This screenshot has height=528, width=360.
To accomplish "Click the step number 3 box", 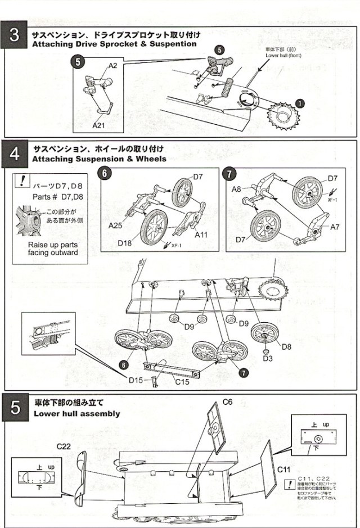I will click(15, 35).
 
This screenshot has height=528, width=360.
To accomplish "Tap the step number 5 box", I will click(15, 407).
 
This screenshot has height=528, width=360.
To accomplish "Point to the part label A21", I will click(100, 124).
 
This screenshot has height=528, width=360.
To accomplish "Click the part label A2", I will click(112, 66).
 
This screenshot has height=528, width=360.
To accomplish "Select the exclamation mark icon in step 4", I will click(22, 180).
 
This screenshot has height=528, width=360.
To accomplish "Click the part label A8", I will click(236, 189).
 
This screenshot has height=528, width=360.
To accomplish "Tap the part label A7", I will click(335, 227).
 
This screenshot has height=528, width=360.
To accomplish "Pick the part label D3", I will click(268, 358).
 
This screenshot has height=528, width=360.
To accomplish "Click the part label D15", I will click(136, 381).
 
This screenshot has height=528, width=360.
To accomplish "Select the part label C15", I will click(181, 382).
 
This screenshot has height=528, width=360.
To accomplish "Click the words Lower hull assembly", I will click(76, 414).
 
